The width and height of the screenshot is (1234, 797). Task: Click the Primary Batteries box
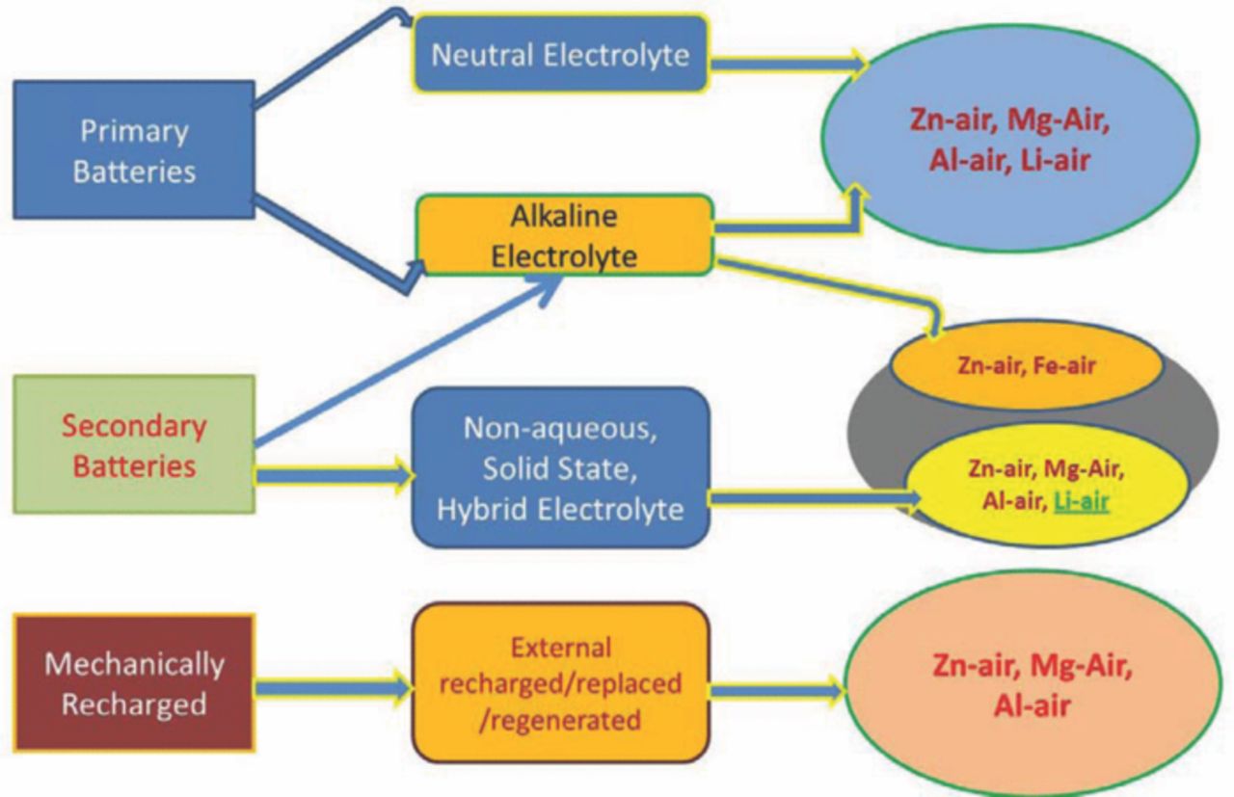134,149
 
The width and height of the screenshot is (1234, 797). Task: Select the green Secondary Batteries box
134,443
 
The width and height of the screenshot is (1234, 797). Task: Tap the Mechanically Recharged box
134,683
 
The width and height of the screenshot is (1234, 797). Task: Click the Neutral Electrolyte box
560,55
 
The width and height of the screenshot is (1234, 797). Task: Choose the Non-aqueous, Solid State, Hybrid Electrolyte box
560,467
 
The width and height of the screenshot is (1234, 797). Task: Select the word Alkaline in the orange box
565,218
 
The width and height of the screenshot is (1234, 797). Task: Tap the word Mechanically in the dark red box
134,665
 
